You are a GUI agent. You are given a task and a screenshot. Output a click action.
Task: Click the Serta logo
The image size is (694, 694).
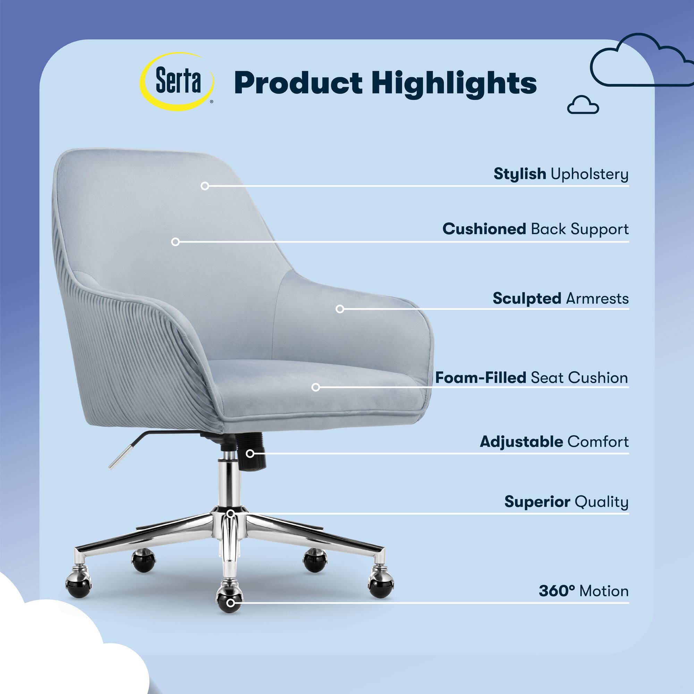tap(177, 82)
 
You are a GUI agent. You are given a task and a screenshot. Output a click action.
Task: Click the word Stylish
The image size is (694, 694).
tap(520, 174)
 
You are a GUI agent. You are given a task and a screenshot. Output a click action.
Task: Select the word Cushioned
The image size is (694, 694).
tap(484, 229)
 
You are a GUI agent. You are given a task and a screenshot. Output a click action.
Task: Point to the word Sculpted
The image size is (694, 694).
tap(527, 298)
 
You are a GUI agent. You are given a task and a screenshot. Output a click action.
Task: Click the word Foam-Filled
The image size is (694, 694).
tap(481, 378)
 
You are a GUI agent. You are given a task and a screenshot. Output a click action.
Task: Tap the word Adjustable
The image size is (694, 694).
tap(521, 442)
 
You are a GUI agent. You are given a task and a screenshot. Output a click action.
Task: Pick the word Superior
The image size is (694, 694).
tap(538, 502)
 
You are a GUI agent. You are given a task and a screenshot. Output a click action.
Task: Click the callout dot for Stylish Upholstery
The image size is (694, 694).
tap(205, 186)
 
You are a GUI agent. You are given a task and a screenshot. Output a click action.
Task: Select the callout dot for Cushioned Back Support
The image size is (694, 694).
tap(175, 242)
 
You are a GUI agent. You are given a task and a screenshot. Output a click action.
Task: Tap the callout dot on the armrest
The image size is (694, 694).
tap(340, 309)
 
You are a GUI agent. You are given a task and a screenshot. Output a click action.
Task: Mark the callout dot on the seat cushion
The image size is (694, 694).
tap(316, 387)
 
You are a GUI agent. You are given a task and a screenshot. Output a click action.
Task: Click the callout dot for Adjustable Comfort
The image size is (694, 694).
tap(250, 454)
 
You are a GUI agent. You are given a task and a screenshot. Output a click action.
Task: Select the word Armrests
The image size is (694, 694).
tap(597, 298)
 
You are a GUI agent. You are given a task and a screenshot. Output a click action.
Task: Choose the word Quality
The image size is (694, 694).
tap(602, 502)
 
